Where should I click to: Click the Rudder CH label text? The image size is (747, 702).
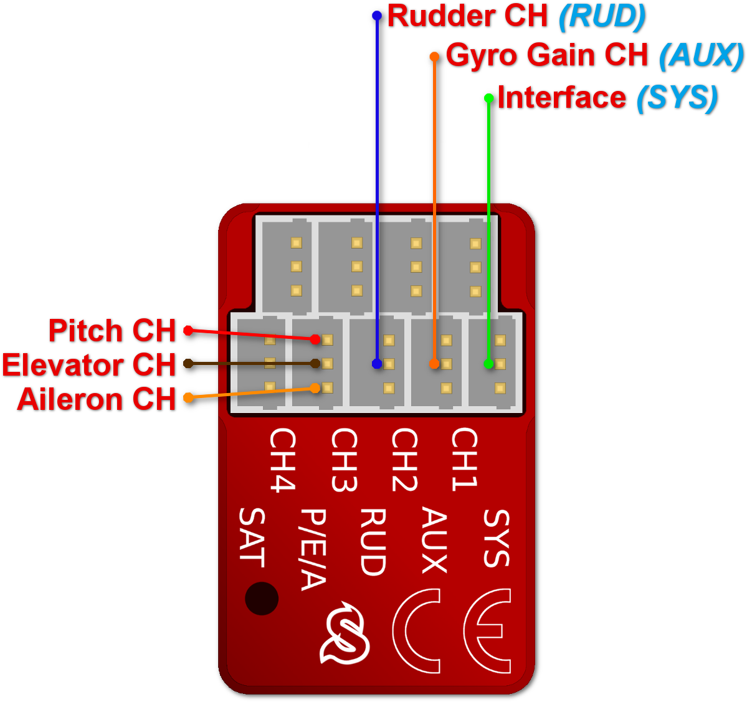[467, 17]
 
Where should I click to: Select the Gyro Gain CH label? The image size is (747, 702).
[547, 55]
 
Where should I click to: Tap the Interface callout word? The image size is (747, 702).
[561, 98]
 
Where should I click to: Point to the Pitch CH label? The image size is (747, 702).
[112, 331]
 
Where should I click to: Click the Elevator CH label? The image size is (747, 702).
[88, 365]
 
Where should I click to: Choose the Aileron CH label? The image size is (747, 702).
[97, 399]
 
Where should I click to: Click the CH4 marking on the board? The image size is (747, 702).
[282, 460]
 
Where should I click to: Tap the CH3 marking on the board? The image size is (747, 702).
[344, 460]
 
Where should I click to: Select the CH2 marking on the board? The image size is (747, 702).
[404, 460]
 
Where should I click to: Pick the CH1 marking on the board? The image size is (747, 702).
[465, 460]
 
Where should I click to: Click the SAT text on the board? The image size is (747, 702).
[252, 538]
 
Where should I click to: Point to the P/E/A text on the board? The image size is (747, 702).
[313, 549]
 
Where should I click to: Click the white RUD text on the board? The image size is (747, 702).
[374, 542]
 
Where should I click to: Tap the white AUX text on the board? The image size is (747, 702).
[435, 540]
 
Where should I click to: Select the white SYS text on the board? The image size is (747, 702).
[497, 538]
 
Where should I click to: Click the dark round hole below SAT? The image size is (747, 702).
[262, 599]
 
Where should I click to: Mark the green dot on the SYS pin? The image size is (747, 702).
[489, 364]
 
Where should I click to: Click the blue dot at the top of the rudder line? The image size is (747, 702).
[377, 16]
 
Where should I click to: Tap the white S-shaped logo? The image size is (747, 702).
[345, 633]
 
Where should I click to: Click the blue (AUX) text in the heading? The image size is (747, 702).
[702, 55]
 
